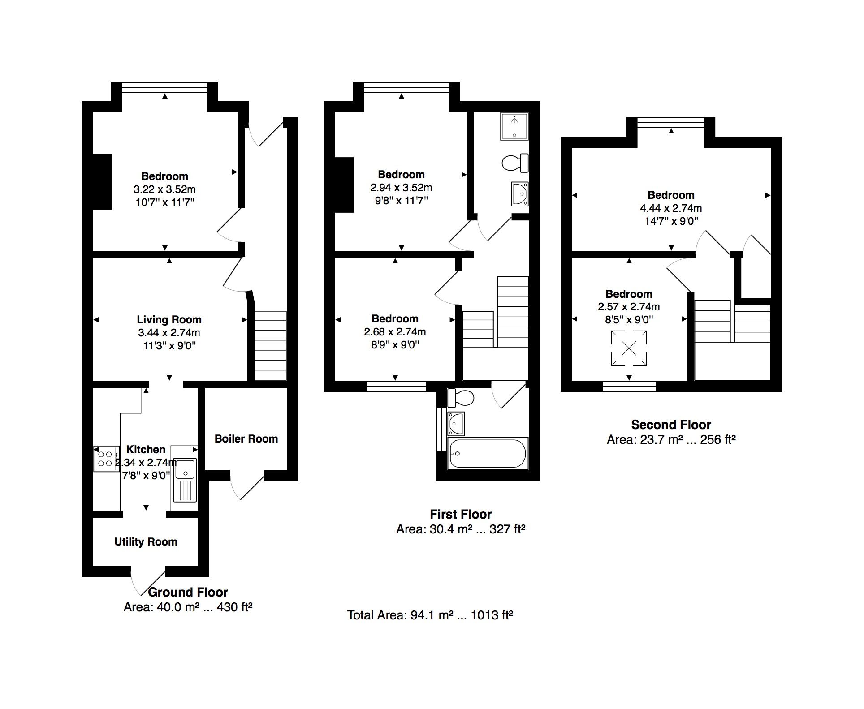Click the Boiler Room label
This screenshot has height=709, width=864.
(246, 439)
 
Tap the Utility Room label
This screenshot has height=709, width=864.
(146, 542)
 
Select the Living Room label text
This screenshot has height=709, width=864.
(169, 320)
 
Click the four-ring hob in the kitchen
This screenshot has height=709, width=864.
(106, 459)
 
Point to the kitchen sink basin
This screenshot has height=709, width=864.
(185, 468)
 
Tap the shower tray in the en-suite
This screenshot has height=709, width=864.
(515, 126)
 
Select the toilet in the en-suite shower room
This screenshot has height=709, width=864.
(515, 163)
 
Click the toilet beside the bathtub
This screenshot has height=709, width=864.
(461, 396)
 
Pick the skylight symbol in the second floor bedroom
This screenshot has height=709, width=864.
(629, 348)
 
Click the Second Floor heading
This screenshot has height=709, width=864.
(671, 425)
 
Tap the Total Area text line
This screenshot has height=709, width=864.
(430, 615)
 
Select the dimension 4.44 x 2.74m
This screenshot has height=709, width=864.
(670, 208)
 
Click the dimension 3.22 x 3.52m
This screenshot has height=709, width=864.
(164, 189)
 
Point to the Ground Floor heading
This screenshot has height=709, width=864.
(188, 592)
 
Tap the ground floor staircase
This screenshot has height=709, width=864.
(270, 346)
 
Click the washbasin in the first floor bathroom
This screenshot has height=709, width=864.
(457, 423)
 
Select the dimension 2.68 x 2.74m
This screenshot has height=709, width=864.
(395, 332)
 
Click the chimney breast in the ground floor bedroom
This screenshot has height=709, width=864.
(102, 181)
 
